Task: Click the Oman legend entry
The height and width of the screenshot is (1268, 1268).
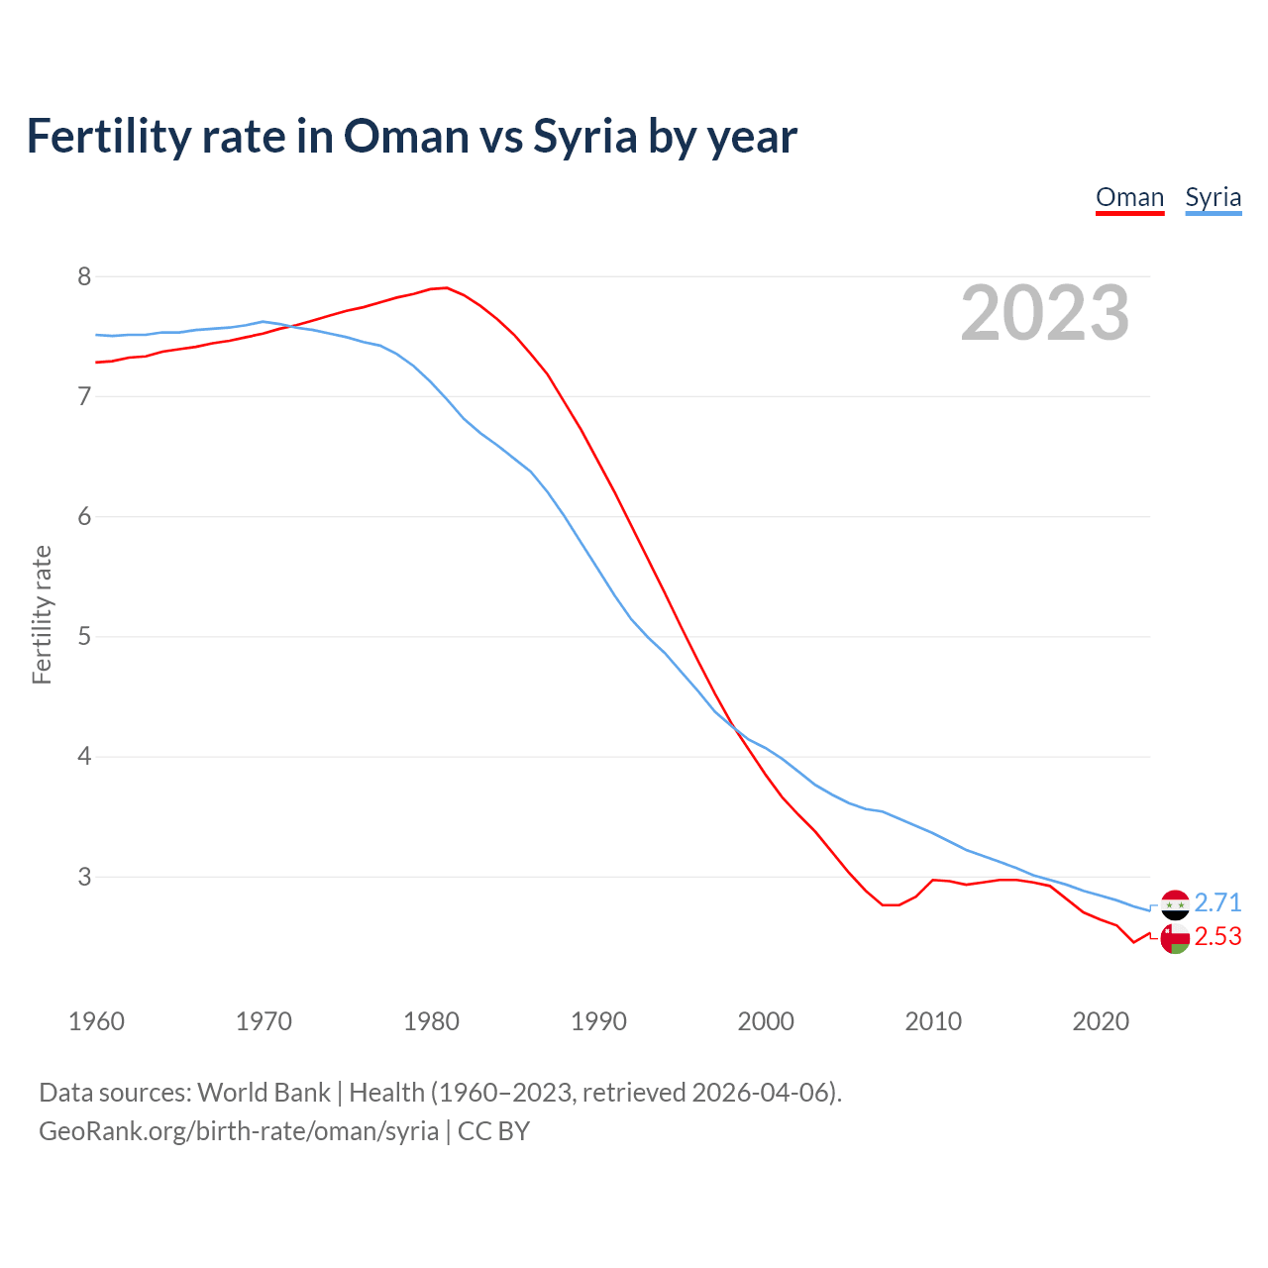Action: pyautogui.click(x=1129, y=197)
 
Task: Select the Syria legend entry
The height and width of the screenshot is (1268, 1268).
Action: pyautogui.click(x=1213, y=197)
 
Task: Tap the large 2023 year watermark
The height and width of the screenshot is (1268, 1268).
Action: pyautogui.click(x=1044, y=313)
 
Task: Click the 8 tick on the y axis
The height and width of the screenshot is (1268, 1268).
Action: pyautogui.click(x=84, y=276)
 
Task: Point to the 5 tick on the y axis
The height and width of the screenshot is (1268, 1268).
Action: pyautogui.click(x=84, y=636)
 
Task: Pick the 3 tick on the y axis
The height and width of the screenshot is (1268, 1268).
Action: pyautogui.click(x=84, y=877)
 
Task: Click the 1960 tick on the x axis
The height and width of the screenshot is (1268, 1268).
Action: pyautogui.click(x=96, y=1021)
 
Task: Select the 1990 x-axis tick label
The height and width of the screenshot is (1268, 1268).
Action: pyautogui.click(x=598, y=1021)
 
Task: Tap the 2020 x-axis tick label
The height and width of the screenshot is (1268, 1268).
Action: pyautogui.click(x=1101, y=1021)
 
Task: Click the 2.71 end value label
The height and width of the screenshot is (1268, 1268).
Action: pyautogui.click(x=1217, y=902)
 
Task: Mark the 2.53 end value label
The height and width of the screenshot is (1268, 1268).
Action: pyautogui.click(x=1217, y=937)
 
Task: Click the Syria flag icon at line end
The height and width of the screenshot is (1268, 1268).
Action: pyautogui.click(x=1175, y=904)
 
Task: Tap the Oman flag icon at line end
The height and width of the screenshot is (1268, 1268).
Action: pyautogui.click(x=1175, y=939)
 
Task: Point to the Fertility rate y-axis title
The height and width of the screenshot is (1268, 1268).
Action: pyautogui.click(x=42, y=614)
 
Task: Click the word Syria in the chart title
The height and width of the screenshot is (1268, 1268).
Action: pyautogui.click(x=584, y=137)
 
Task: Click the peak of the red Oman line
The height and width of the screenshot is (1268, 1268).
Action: pyautogui.click(x=447, y=288)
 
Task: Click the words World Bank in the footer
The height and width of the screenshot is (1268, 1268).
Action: pyautogui.click(x=264, y=1093)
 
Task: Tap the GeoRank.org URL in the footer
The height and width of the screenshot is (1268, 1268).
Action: pyautogui.click(x=238, y=1131)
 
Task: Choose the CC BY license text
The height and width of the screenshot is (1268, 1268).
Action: pyautogui.click(x=493, y=1131)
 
